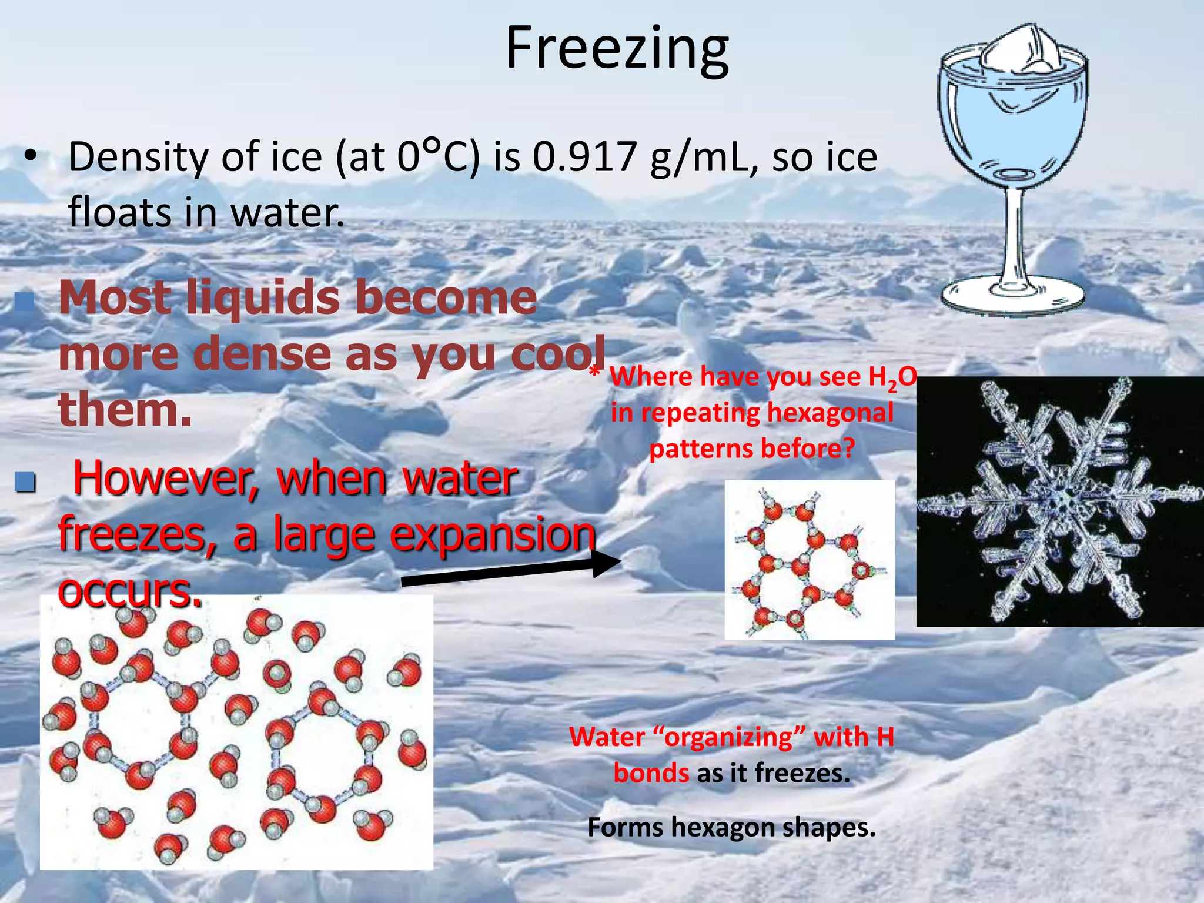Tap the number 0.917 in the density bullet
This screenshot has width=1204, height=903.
[584, 158]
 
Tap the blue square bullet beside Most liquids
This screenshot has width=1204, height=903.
[24, 302]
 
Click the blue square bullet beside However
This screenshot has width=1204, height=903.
[25, 482]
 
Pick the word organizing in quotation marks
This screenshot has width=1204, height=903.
[728, 737]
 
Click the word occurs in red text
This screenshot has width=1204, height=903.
[129, 590]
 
